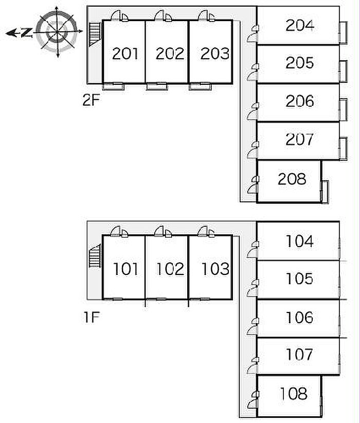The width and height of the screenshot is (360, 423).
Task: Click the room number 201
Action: (x=125, y=53)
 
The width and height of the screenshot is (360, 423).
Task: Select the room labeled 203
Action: (x=215, y=53)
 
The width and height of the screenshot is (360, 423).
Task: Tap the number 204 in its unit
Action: (x=300, y=25)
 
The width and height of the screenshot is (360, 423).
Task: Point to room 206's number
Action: (x=300, y=101)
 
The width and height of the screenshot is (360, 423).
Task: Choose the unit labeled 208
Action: (x=292, y=179)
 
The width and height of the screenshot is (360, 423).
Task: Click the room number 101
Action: (x=126, y=269)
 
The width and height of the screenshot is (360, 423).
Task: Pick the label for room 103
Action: (x=215, y=269)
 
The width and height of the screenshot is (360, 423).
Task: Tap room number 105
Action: (x=299, y=279)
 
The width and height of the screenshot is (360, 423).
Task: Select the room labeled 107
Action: (x=299, y=354)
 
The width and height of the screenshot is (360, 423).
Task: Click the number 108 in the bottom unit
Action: (x=294, y=394)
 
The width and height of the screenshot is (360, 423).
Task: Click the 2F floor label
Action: (x=91, y=100)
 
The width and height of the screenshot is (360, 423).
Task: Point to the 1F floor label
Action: (x=92, y=317)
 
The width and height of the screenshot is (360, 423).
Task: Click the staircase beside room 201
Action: (x=95, y=34)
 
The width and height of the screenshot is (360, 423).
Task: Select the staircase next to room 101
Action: (x=95, y=256)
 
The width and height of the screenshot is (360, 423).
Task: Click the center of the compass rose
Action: (x=57, y=32)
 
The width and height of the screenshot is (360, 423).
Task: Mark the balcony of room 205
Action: (x=343, y=71)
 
